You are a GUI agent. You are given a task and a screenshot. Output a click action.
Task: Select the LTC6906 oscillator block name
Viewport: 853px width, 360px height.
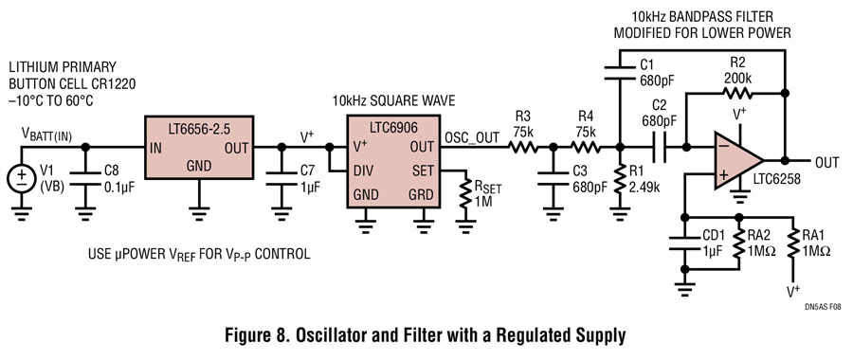point(393,128)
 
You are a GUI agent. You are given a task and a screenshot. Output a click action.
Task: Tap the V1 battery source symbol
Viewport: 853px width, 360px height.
point(22,178)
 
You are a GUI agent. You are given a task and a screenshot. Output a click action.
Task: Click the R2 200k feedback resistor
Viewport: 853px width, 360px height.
point(737,93)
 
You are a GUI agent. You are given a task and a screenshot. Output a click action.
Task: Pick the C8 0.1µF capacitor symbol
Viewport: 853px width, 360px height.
point(85,178)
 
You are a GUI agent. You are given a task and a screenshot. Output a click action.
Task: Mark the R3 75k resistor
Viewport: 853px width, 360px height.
point(523,147)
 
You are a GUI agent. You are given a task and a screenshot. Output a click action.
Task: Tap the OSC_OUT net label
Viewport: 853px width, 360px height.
point(472,137)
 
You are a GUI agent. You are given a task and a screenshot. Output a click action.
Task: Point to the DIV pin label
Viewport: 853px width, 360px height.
point(363,171)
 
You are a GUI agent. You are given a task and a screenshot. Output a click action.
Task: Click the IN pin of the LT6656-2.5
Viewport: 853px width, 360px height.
point(155,148)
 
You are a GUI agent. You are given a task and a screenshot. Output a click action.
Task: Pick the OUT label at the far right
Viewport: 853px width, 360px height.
point(826,161)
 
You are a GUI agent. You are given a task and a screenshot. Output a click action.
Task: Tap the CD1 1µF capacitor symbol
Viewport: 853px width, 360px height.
point(684,243)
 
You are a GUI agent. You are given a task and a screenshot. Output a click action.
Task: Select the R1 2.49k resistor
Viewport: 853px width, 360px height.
point(620,179)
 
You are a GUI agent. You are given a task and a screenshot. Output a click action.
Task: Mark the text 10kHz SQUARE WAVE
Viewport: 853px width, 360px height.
point(394,101)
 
